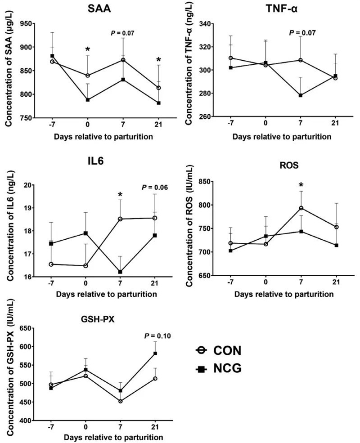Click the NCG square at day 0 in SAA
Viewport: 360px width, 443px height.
pyautogui.click(x=88, y=100)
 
